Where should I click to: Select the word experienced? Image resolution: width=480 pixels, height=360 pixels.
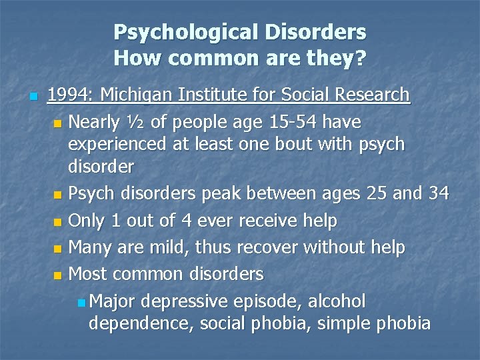pyautogui.click(x=119, y=145)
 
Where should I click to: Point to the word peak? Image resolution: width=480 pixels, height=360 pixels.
pyautogui.click(x=241, y=194)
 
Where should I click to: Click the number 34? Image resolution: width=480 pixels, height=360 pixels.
pyautogui.click(x=437, y=194)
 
